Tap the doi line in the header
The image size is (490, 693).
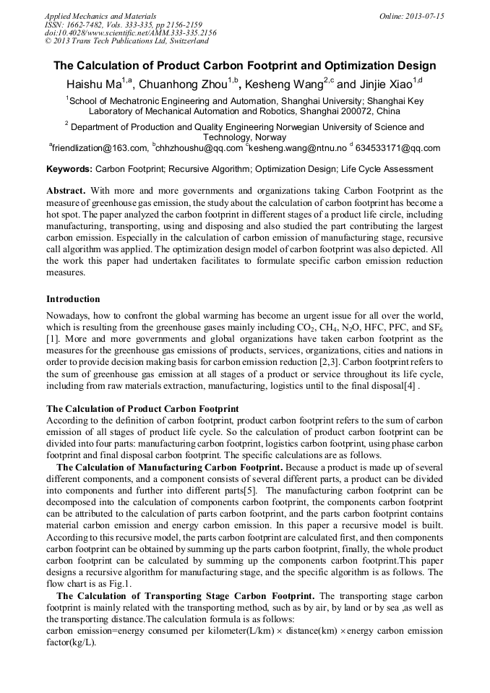point(130,33)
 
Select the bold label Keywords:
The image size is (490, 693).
point(69,170)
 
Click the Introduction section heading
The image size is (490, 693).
point(73,298)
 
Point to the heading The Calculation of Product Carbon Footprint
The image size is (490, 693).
point(142,409)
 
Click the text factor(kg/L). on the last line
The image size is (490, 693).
point(71,642)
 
